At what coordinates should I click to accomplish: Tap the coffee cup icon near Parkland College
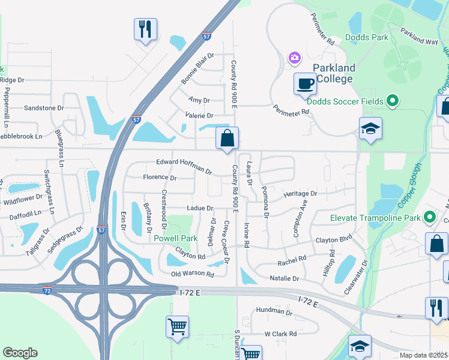click(305, 83)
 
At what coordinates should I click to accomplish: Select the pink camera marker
click(294, 58)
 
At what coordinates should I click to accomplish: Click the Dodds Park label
click(367, 38)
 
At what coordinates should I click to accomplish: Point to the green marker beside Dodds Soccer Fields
click(393, 101)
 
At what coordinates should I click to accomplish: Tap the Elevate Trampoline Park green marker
click(429, 217)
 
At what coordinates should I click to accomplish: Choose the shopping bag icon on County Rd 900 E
click(228, 138)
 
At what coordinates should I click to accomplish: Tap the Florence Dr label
click(160, 178)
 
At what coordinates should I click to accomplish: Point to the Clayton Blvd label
click(333, 240)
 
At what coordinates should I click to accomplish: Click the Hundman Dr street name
click(273, 313)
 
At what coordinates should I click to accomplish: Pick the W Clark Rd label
click(280, 334)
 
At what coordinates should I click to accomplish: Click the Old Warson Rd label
click(193, 274)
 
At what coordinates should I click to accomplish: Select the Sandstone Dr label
click(43, 108)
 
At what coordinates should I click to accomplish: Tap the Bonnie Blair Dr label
click(197, 73)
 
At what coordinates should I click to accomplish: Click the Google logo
click(20, 353)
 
